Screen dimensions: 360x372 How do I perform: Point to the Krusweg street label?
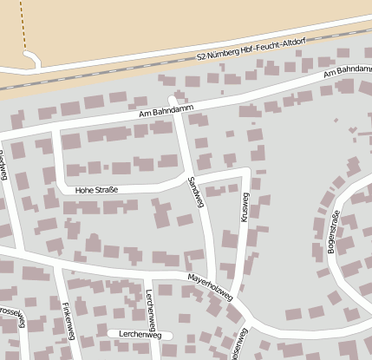[245, 207]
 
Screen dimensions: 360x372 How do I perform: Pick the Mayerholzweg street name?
[210, 289]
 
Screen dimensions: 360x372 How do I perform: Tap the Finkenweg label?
[67, 320]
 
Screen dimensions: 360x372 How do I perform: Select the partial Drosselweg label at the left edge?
[12, 317]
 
